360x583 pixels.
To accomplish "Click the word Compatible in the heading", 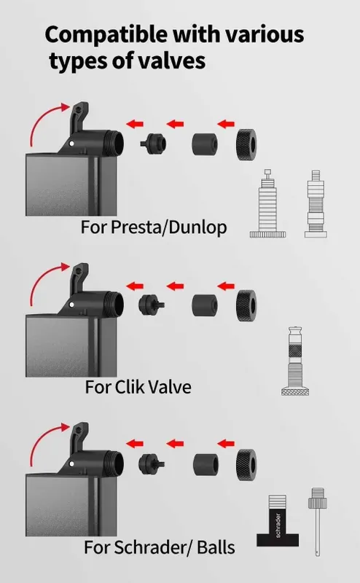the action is [106, 35].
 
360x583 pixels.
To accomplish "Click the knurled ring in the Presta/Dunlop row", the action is [246, 144].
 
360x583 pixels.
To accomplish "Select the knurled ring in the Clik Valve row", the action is [246, 305].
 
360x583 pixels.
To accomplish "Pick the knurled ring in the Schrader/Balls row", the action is [246, 464].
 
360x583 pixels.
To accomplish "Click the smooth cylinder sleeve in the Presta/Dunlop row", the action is [205, 144].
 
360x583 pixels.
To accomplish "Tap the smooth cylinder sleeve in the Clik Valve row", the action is [205, 305].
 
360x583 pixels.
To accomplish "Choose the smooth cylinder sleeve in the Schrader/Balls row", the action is [206, 464].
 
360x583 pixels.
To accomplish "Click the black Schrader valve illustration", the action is [278, 520].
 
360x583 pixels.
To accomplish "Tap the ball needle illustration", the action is [317, 522].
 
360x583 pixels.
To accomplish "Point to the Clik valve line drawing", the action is [295, 361].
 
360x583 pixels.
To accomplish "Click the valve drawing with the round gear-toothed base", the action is [267, 203].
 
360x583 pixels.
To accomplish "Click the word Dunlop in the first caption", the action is [197, 227].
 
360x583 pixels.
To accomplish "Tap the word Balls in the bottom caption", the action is [216, 547].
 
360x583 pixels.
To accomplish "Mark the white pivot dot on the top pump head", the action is [71, 144].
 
